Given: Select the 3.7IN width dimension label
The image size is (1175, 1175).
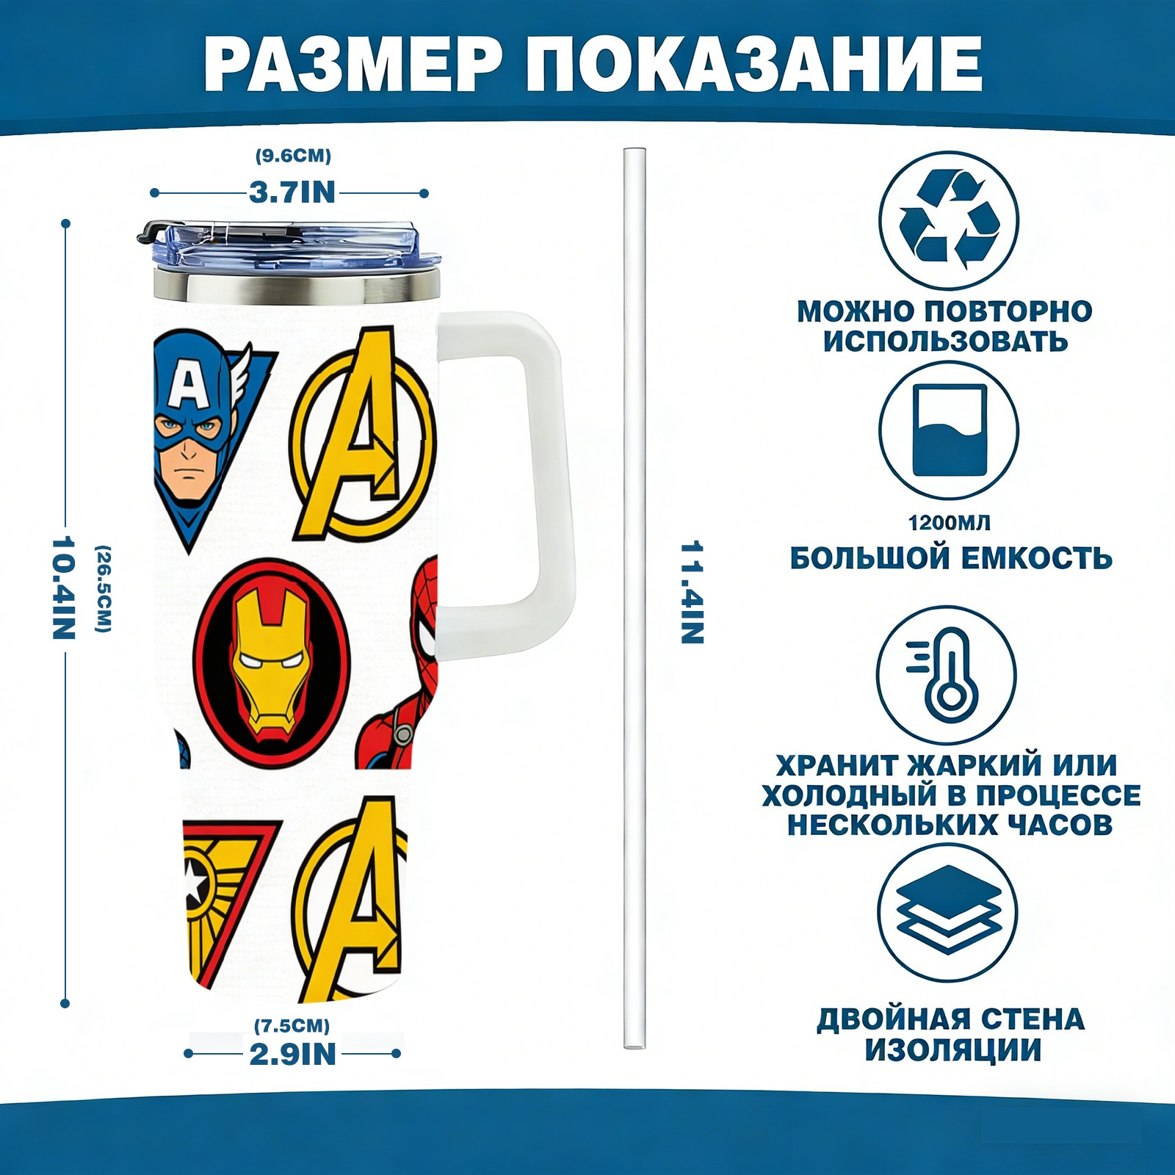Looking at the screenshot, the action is click(292, 192).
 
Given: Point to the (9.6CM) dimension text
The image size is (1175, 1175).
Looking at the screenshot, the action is click(293, 156).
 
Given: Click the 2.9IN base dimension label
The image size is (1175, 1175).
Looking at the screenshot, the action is click(292, 1054).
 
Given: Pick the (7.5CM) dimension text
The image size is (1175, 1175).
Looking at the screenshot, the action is click(292, 1025).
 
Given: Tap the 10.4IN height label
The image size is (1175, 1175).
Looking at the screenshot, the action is click(64, 588).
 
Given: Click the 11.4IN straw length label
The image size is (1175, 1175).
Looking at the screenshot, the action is click(693, 593).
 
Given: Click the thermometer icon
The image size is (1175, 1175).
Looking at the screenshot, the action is click(947, 674).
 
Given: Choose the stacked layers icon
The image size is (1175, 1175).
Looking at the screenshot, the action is click(949, 911).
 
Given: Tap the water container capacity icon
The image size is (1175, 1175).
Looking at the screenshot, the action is click(949, 430).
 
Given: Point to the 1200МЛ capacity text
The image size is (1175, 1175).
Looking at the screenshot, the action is click(949, 523).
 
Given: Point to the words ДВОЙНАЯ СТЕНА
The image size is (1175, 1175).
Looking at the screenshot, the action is click(950, 1019).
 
